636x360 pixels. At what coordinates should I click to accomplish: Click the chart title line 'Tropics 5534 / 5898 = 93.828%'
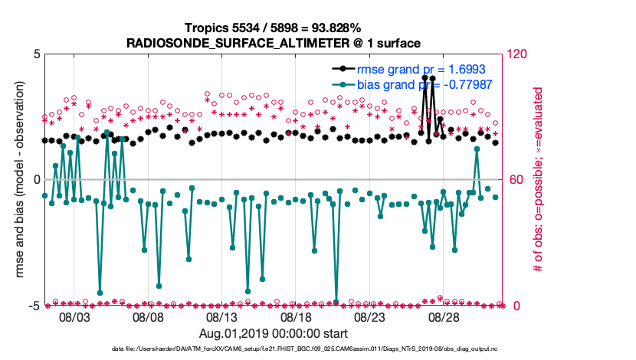point(274,28)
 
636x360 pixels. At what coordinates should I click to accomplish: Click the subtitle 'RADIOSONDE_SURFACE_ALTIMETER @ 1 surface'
point(274,43)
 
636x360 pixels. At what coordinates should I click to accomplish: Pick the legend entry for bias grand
point(418,84)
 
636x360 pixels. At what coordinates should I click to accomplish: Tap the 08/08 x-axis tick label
point(149,317)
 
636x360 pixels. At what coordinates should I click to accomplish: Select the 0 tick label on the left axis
point(36,181)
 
